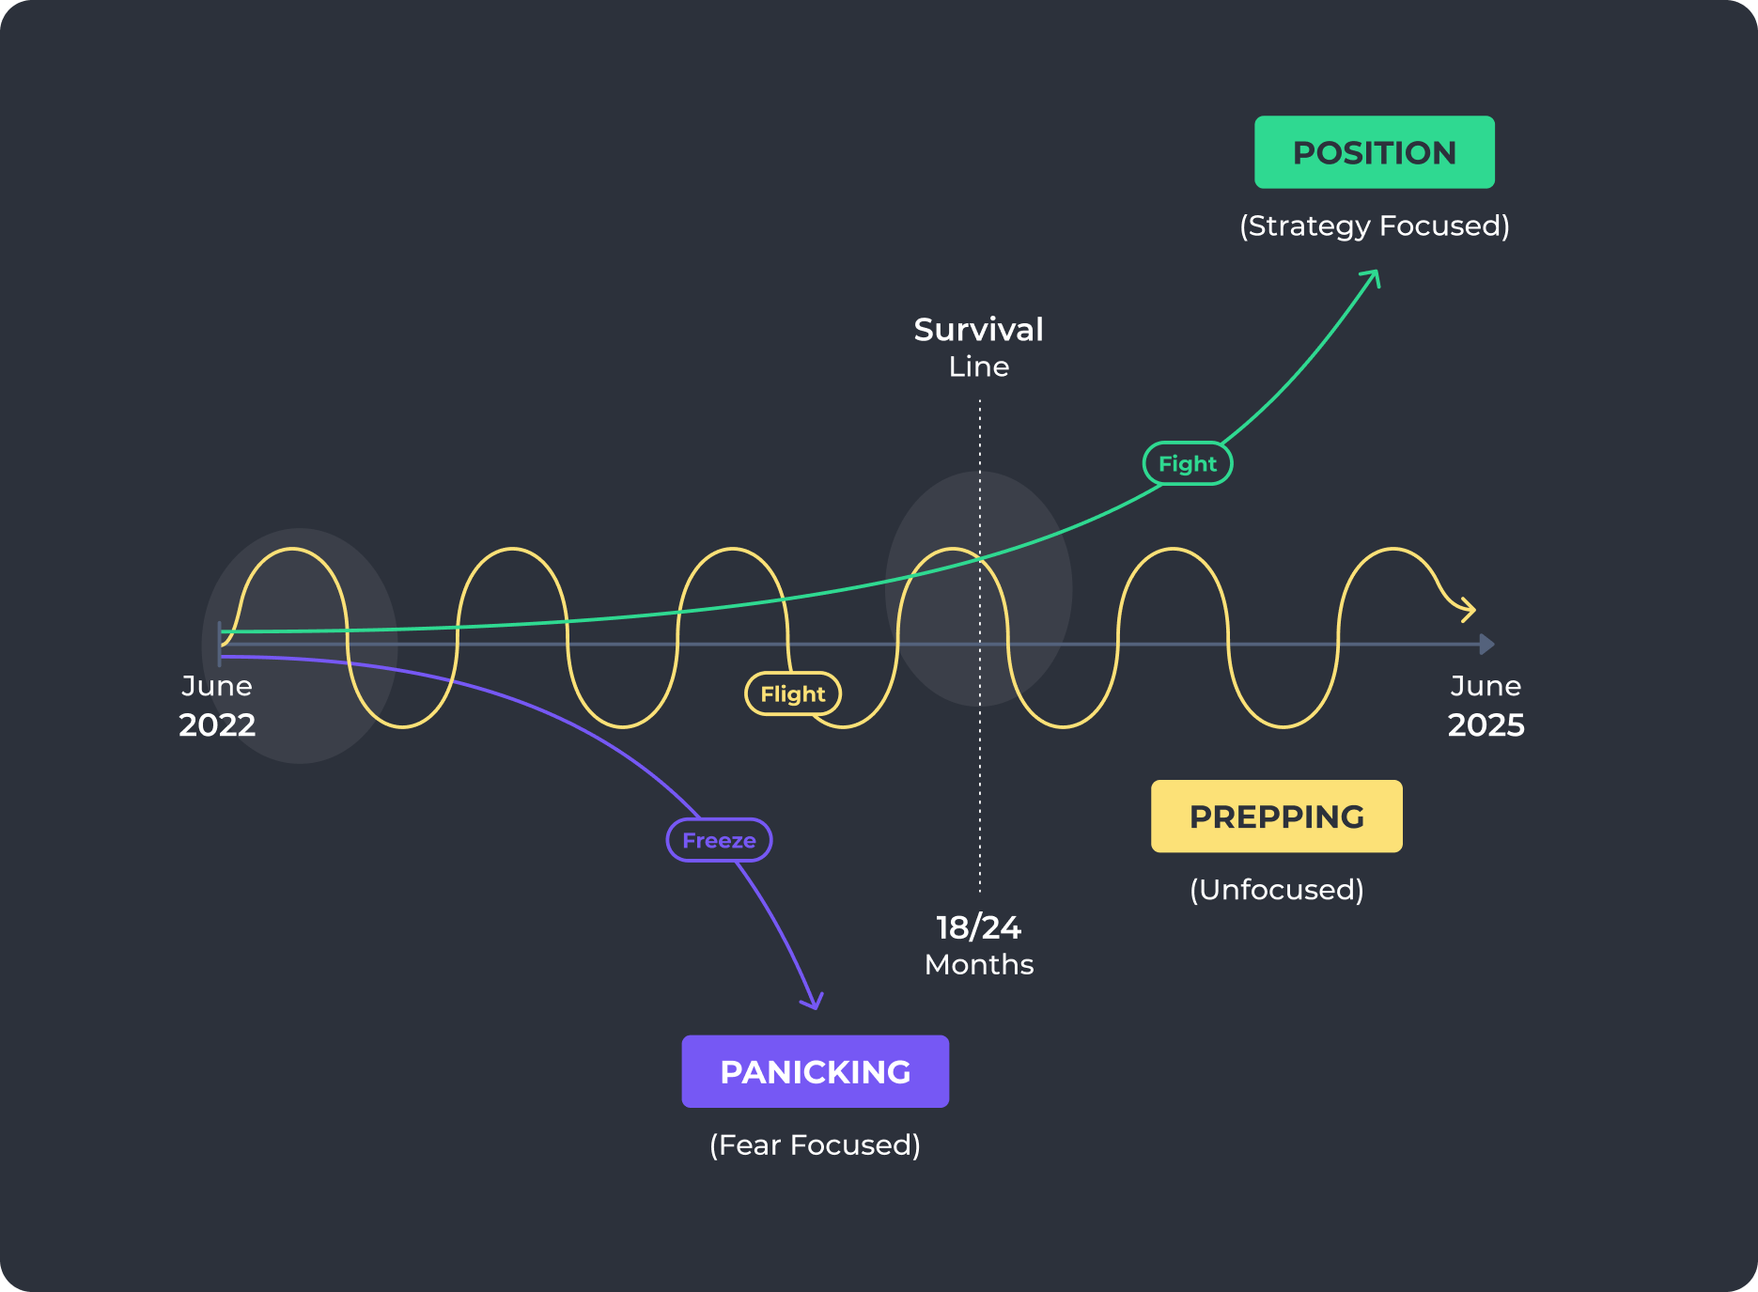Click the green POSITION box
point(1374,152)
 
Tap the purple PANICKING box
point(815,1071)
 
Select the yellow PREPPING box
point(1276,817)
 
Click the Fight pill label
point(1187,463)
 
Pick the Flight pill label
point(792,693)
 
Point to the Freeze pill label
point(719,840)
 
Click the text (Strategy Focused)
point(1374,226)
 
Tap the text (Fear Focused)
point(815,1144)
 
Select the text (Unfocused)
point(1276,889)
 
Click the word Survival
point(978,330)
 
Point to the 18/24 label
point(978,927)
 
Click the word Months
point(978,965)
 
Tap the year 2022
point(217,725)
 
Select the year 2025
point(1486,725)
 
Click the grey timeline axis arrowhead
point(1486,645)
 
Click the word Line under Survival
point(978,366)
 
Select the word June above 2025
point(1486,686)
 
